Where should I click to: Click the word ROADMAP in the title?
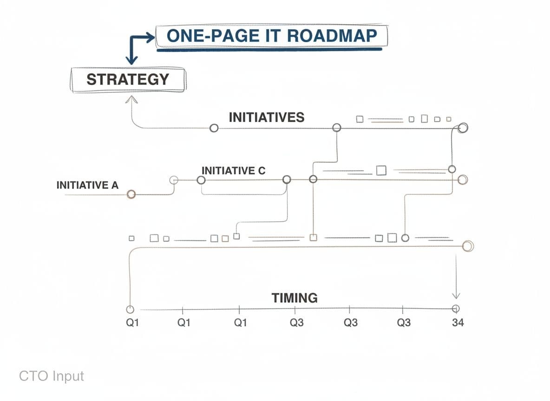pyautogui.click(x=332, y=36)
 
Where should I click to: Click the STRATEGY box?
pyautogui.click(x=128, y=79)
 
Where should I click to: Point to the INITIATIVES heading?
pyautogui.click(x=267, y=117)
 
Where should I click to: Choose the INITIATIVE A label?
pyautogui.click(x=87, y=185)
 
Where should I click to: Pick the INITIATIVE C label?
pyautogui.click(x=233, y=171)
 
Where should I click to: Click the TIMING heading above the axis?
pyautogui.click(x=295, y=298)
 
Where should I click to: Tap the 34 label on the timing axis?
pyautogui.click(x=458, y=323)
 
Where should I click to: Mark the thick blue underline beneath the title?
pyautogui.click(x=269, y=50)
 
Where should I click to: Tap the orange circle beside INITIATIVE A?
pyautogui.click(x=131, y=194)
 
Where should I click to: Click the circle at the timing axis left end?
pyautogui.click(x=130, y=310)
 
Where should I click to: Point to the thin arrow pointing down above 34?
pyautogui.click(x=456, y=276)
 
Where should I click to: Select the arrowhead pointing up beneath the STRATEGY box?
pyautogui.click(x=131, y=100)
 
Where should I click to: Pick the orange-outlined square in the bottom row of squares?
pyautogui.click(x=313, y=238)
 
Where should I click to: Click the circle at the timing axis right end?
pyautogui.click(x=456, y=309)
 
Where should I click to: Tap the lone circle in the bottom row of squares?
pyautogui.click(x=405, y=238)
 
